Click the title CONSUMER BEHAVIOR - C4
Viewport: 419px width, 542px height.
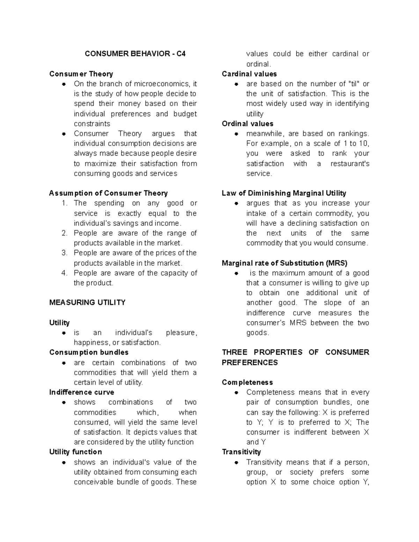tap(135, 54)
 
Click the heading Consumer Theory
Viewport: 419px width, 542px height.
tap(81, 74)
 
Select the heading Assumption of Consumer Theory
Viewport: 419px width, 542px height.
tap(108, 193)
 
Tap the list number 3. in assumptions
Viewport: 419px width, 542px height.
tap(64, 253)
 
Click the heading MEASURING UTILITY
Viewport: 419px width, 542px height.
tap(87, 302)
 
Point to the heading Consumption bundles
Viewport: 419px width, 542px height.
tap(89, 352)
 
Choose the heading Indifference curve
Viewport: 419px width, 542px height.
tap(82, 392)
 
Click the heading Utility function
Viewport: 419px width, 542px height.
tap(75, 452)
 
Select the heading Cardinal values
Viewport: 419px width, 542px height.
tap(249, 74)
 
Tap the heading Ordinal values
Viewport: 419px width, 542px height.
tap(248, 124)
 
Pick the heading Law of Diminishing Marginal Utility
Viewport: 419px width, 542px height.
tap(284, 193)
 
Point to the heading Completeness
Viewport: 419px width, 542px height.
tap(247, 382)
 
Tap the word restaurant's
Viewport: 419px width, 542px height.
tap(350, 163)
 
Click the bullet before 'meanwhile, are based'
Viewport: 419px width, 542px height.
tap(236, 134)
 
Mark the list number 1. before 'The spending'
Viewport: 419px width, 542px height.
tap(64, 203)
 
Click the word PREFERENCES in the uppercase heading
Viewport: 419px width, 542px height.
tap(250, 362)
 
